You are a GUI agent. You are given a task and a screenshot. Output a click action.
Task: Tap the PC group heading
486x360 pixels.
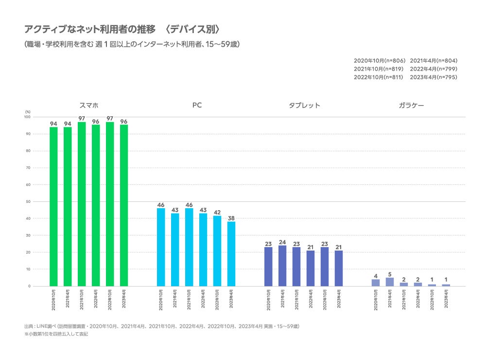click(197, 105)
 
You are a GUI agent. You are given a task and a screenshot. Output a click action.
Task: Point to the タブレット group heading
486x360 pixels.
click(305, 105)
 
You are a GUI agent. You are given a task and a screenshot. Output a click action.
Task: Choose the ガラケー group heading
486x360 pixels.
click(411, 105)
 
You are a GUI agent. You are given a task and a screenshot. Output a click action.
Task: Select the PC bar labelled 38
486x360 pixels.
click(231, 253)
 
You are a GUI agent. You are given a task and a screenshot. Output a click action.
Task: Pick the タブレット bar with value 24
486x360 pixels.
click(282, 266)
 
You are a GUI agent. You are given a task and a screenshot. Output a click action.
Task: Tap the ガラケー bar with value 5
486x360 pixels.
click(390, 282)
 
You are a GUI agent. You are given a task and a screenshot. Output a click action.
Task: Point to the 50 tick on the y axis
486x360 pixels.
click(28, 201)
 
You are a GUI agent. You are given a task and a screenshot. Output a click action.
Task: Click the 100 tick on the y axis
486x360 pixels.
click(27, 117)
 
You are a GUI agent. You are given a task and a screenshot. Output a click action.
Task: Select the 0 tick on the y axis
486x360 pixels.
click(29, 286)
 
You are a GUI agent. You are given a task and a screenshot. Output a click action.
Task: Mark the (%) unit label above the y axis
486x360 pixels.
click(28, 112)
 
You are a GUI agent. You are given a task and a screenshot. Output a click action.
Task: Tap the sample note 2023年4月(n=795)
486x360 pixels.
click(434, 77)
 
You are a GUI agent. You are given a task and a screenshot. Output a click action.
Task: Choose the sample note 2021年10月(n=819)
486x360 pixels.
click(379, 69)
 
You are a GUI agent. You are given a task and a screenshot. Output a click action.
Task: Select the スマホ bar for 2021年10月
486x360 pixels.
click(82, 204)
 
